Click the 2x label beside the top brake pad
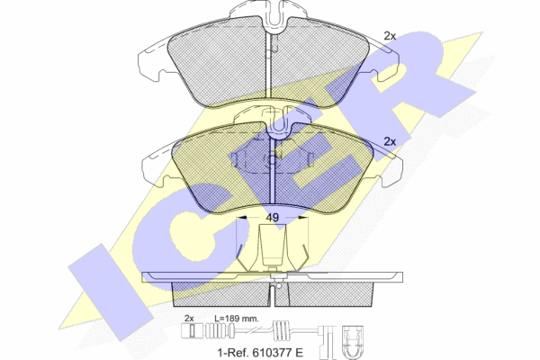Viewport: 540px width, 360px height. (390, 36)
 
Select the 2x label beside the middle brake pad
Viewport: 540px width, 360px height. (390, 141)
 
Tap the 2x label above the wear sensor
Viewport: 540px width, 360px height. (189, 319)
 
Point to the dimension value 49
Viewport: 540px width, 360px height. (272, 218)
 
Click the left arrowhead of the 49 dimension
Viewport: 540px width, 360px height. (242, 218)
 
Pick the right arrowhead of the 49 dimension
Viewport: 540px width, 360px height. (302, 218)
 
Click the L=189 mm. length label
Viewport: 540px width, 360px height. (236, 319)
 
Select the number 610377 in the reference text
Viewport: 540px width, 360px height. (271, 353)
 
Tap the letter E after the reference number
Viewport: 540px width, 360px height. (300, 353)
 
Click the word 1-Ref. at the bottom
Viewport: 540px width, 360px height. (233, 353)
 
